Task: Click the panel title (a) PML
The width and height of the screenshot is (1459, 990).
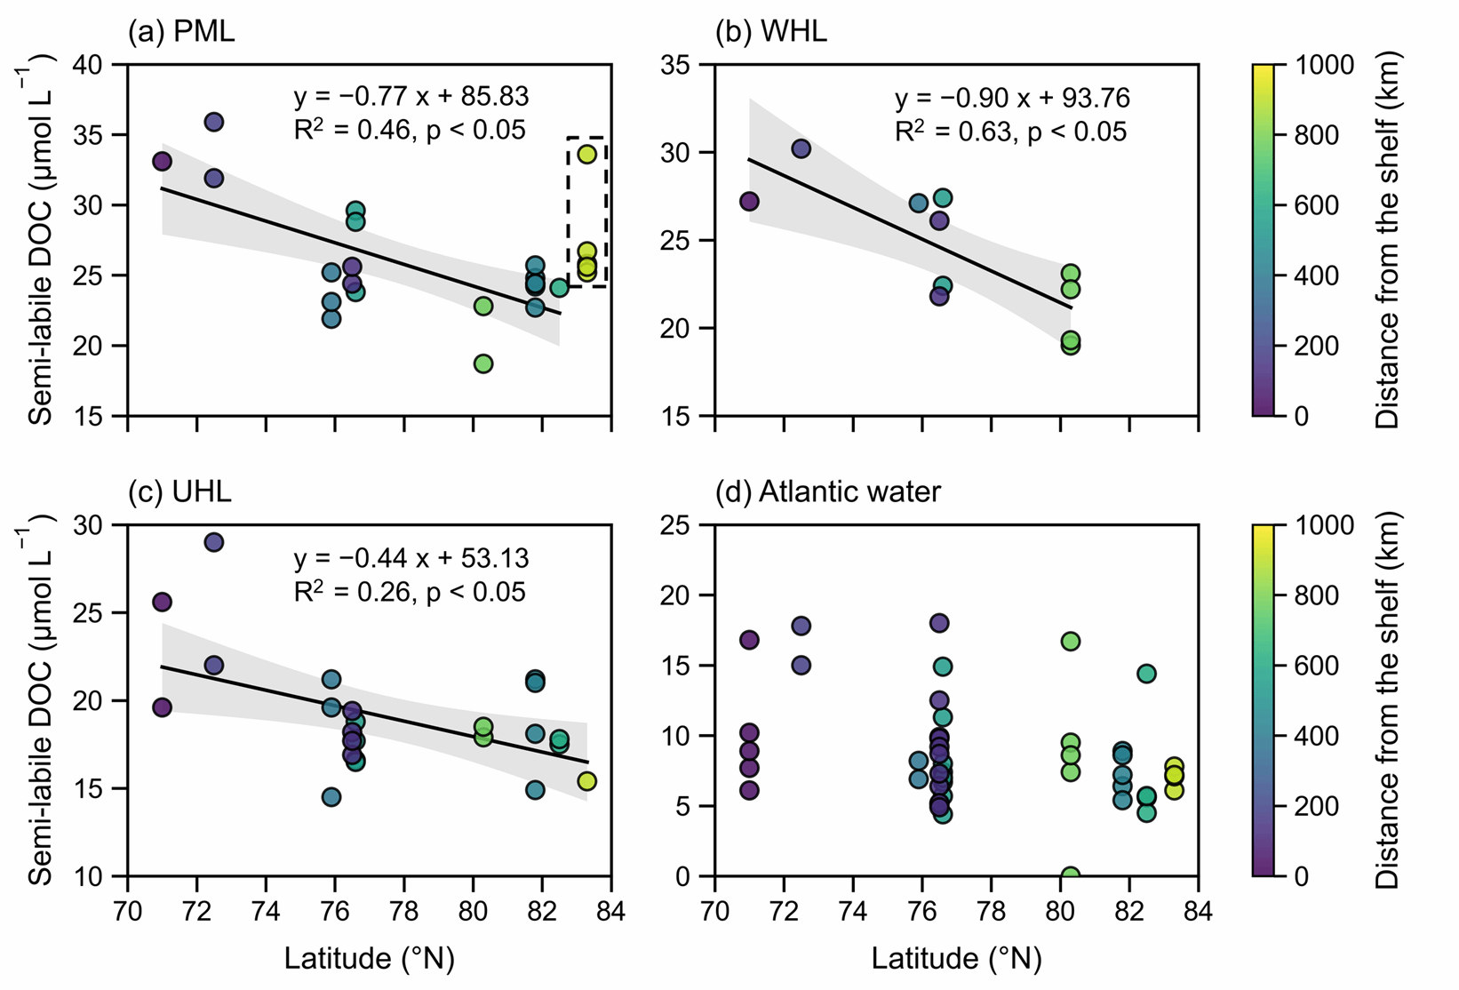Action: click(181, 31)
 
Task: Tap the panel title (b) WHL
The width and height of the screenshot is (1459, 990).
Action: click(771, 31)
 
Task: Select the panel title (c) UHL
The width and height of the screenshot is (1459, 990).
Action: click(179, 491)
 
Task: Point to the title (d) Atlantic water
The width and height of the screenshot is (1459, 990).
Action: click(828, 491)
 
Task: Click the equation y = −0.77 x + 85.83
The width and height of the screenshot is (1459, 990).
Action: click(411, 96)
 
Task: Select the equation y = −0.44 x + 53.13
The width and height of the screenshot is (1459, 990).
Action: click(411, 558)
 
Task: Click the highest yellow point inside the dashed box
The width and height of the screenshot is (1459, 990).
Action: click(586, 155)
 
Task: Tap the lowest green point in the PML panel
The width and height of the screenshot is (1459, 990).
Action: click(482, 363)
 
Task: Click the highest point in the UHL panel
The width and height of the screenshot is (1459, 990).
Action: click(214, 542)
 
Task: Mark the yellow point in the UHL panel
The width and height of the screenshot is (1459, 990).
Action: click(586, 781)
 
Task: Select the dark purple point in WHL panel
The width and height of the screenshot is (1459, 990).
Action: click(749, 201)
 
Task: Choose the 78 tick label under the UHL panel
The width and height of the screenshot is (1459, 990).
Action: click(403, 911)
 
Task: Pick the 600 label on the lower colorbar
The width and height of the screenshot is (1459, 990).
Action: click(1317, 666)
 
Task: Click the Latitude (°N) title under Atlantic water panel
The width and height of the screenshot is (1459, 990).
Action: click(957, 959)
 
